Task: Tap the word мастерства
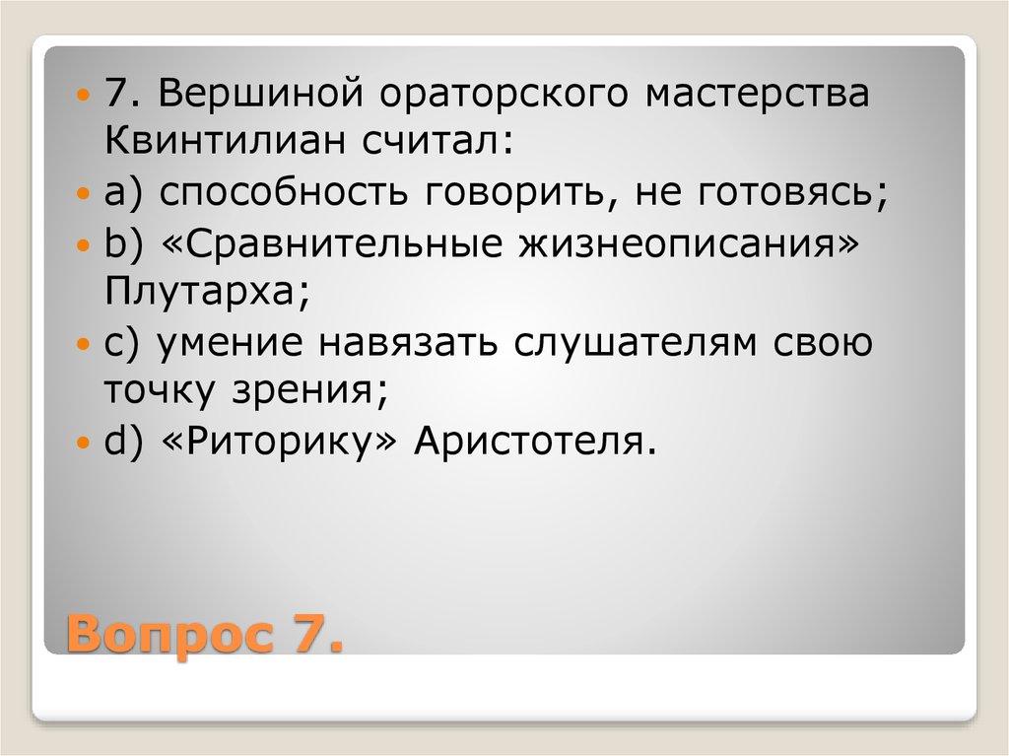coord(757,95)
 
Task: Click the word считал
coord(429,142)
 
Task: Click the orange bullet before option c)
coord(84,345)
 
